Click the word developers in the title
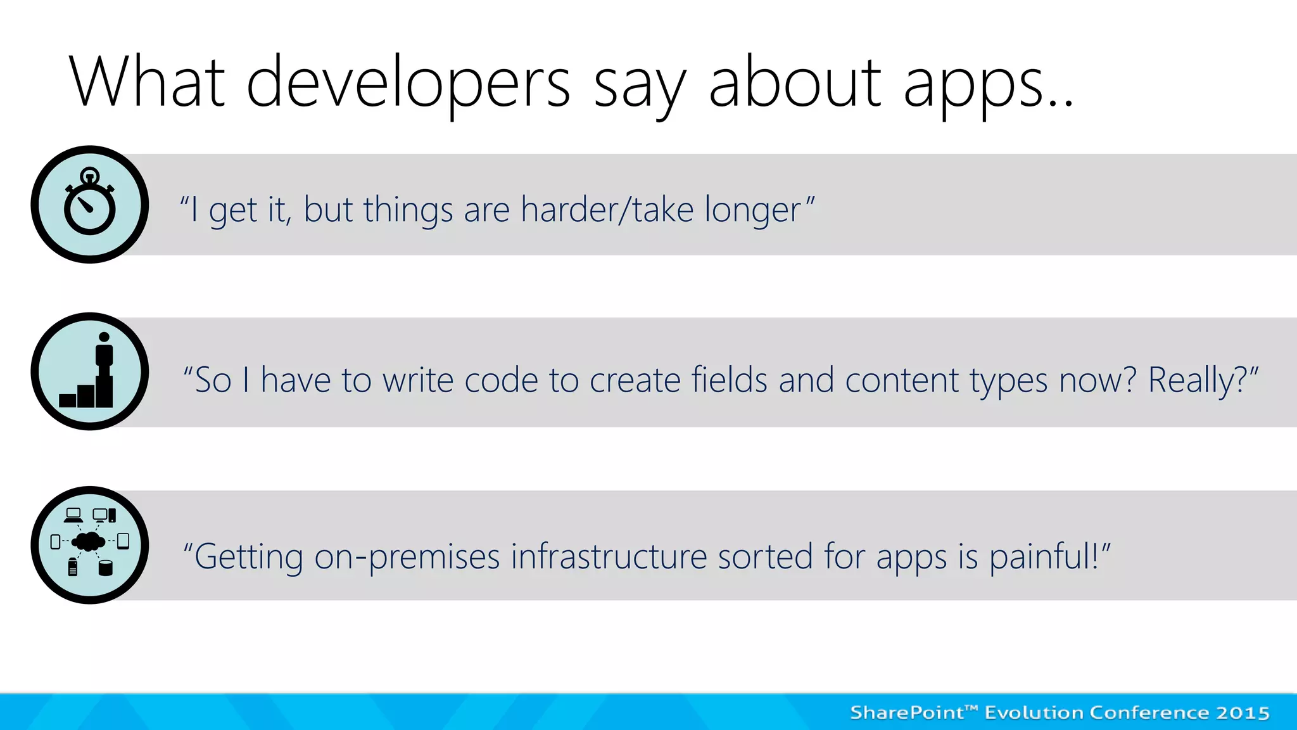coord(408,82)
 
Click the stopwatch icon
coord(90,205)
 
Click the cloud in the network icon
coord(89,541)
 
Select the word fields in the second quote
coord(729,380)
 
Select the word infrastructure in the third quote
coord(609,556)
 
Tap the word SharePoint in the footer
coord(907,713)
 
